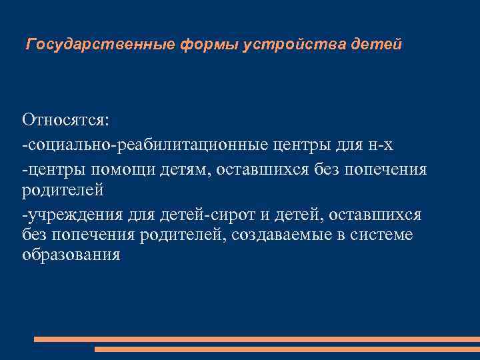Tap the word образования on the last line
pyautogui.click(x=71, y=255)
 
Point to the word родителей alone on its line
pyautogui.click(x=63, y=190)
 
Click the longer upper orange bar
pyautogui.click(x=257, y=339)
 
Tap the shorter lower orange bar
pyautogui.click(x=287, y=349)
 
